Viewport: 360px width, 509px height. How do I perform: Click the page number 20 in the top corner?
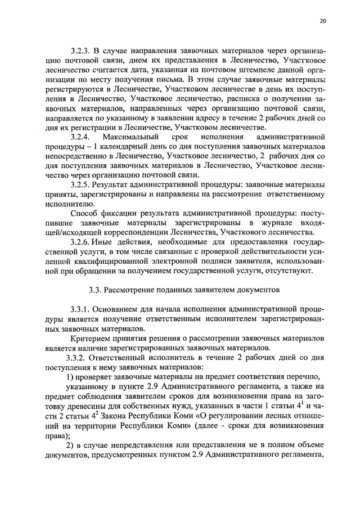[322, 21]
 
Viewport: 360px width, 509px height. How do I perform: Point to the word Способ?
[83, 214]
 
